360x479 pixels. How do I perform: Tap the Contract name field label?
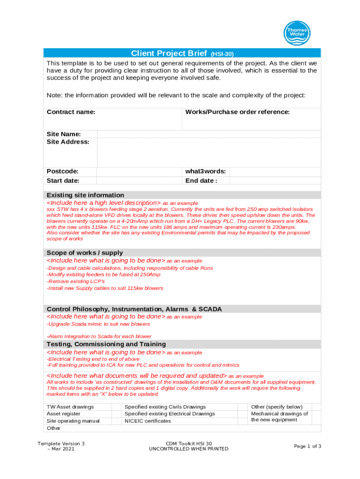point(71,112)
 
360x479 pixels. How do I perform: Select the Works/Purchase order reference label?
point(238,112)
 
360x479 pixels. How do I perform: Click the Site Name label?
point(64,134)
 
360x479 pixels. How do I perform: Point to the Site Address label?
point(68,142)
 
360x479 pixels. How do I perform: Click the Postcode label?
point(63,172)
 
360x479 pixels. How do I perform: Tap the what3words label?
point(206,172)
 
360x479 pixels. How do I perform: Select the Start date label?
point(63,181)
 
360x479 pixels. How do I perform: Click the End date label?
point(201,181)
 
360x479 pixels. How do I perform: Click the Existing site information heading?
point(86,195)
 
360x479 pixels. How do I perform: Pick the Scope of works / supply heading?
point(85,253)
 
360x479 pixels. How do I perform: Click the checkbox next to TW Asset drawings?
point(117,407)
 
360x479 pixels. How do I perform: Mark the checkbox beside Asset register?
point(117,414)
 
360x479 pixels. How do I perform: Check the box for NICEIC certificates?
point(243,421)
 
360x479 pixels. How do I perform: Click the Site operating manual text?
point(73,421)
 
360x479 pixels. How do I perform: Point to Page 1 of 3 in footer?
point(307,446)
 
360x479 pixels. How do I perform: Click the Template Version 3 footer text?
point(61,443)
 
